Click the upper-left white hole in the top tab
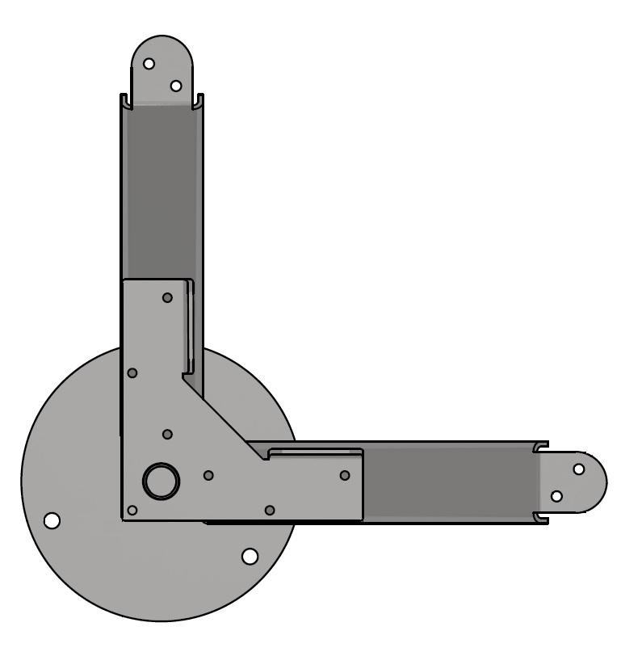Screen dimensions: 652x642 pos(149,63)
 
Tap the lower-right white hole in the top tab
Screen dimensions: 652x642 pos(176,86)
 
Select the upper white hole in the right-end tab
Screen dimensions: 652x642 pos(578,469)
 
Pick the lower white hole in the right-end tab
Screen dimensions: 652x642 pos(556,496)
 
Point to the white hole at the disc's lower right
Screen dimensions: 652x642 pos(250,556)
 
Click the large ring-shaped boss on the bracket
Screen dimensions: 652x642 pos(161,481)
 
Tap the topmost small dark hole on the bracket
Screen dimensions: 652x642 pos(167,297)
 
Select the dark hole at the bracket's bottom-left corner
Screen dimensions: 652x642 pos(132,510)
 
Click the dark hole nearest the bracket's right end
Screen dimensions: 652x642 pos(345,475)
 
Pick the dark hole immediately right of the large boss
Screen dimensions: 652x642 pos(208,475)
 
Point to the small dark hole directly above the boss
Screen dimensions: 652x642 pos(167,435)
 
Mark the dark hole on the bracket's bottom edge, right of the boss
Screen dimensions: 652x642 pos(270,510)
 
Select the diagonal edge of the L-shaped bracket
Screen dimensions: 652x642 pos(224,420)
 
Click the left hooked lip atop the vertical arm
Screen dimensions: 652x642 pos(125,100)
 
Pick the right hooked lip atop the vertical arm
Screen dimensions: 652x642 pos(199,100)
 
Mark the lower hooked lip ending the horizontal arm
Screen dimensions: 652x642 pos(542,518)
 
